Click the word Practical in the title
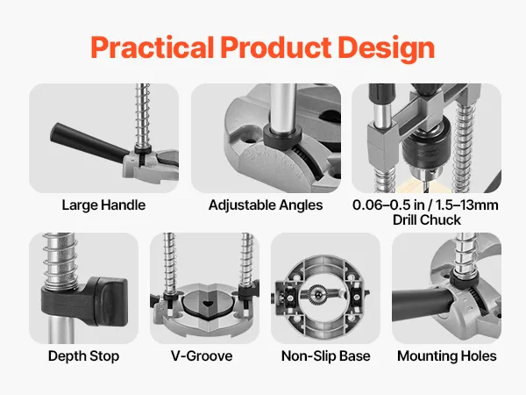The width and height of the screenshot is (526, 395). pyautogui.click(x=153, y=47)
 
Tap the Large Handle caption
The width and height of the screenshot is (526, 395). pyautogui.click(x=103, y=205)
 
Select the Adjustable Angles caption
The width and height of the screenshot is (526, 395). pyautogui.click(x=266, y=205)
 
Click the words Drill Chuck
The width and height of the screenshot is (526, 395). pyautogui.click(x=427, y=220)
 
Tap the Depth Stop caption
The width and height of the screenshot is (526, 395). pyautogui.click(x=83, y=356)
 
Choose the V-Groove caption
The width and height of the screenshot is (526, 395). pyautogui.click(x=202, y=356)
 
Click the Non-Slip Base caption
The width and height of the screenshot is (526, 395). pyautogui.click(x=326, y=356)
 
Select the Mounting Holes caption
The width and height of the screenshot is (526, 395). pyautogui.click(x=447, y=356)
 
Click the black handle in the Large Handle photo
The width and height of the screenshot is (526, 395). pyautogui.click(x=88, y=143)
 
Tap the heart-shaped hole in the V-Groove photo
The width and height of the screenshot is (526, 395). pyautogui.click(x=209, y=304)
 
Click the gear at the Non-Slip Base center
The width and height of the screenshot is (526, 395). pyautogui.click(x=316, y=294)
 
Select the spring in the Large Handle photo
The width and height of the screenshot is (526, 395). pyautogui.click(x=143, y=116)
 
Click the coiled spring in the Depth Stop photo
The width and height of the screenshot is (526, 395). pyautogui.click(x=60, y=259)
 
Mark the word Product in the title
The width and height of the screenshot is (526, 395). pyautogui.click(x=276, y=47)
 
